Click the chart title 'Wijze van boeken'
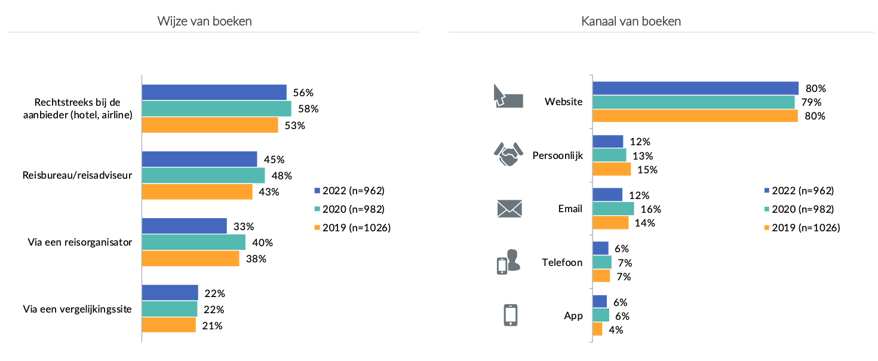[x=204, y=22]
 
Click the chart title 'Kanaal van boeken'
[x=631, y=22]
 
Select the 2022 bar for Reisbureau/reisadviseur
[x=199, y=159]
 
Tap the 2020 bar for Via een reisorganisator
[x=194, y=242]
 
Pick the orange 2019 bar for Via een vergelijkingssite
[x=168, y=325]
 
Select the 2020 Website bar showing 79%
[x=693, y=102]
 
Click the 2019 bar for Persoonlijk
[x=612, y=169]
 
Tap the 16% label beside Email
[x=651, y=209]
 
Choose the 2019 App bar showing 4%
[x=597, y=329]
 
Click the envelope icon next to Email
[x=509, y=209]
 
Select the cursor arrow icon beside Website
[x=507, y=96]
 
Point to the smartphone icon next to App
[x=510, y=315]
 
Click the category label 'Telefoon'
[x=562, y=262]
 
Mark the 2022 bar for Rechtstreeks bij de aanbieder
[x=214, y=92]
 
